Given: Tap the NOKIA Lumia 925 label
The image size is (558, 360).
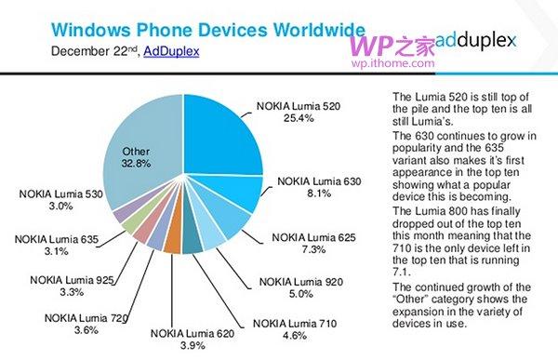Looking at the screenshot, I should [x=70, y=280].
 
